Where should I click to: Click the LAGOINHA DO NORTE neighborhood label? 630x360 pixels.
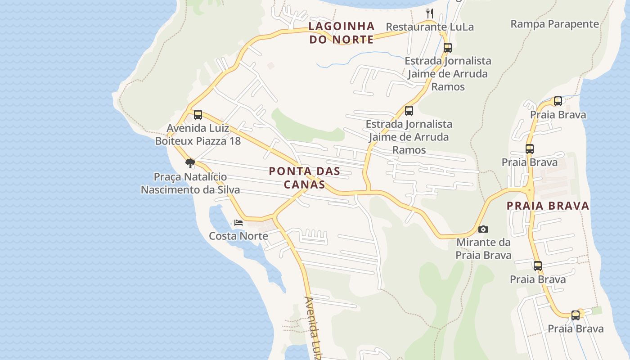coord(342,33)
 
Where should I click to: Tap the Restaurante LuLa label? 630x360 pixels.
coord(430,27)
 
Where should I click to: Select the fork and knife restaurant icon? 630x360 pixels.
coord(430,13)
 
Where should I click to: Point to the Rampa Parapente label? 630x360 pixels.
coord(554,24)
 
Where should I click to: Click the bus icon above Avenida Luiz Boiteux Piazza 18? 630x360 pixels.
coord(198,115)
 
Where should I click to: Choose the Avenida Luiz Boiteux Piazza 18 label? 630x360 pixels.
coord(198,135)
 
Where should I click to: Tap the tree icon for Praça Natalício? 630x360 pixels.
coord(190,163)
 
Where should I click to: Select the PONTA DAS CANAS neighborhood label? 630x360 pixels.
coord(305,178)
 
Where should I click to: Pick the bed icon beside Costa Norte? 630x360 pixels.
coord(238,223)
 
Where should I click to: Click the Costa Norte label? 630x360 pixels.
coord(238,236)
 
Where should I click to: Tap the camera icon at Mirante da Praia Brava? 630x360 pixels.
coord(483,229)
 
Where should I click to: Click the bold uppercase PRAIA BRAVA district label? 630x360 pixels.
coord(548,206)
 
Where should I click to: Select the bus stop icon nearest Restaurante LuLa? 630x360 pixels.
coord(447,48)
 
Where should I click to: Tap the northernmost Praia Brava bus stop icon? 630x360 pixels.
coord(558,101)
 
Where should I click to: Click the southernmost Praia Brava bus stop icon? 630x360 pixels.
coord(576,315)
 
